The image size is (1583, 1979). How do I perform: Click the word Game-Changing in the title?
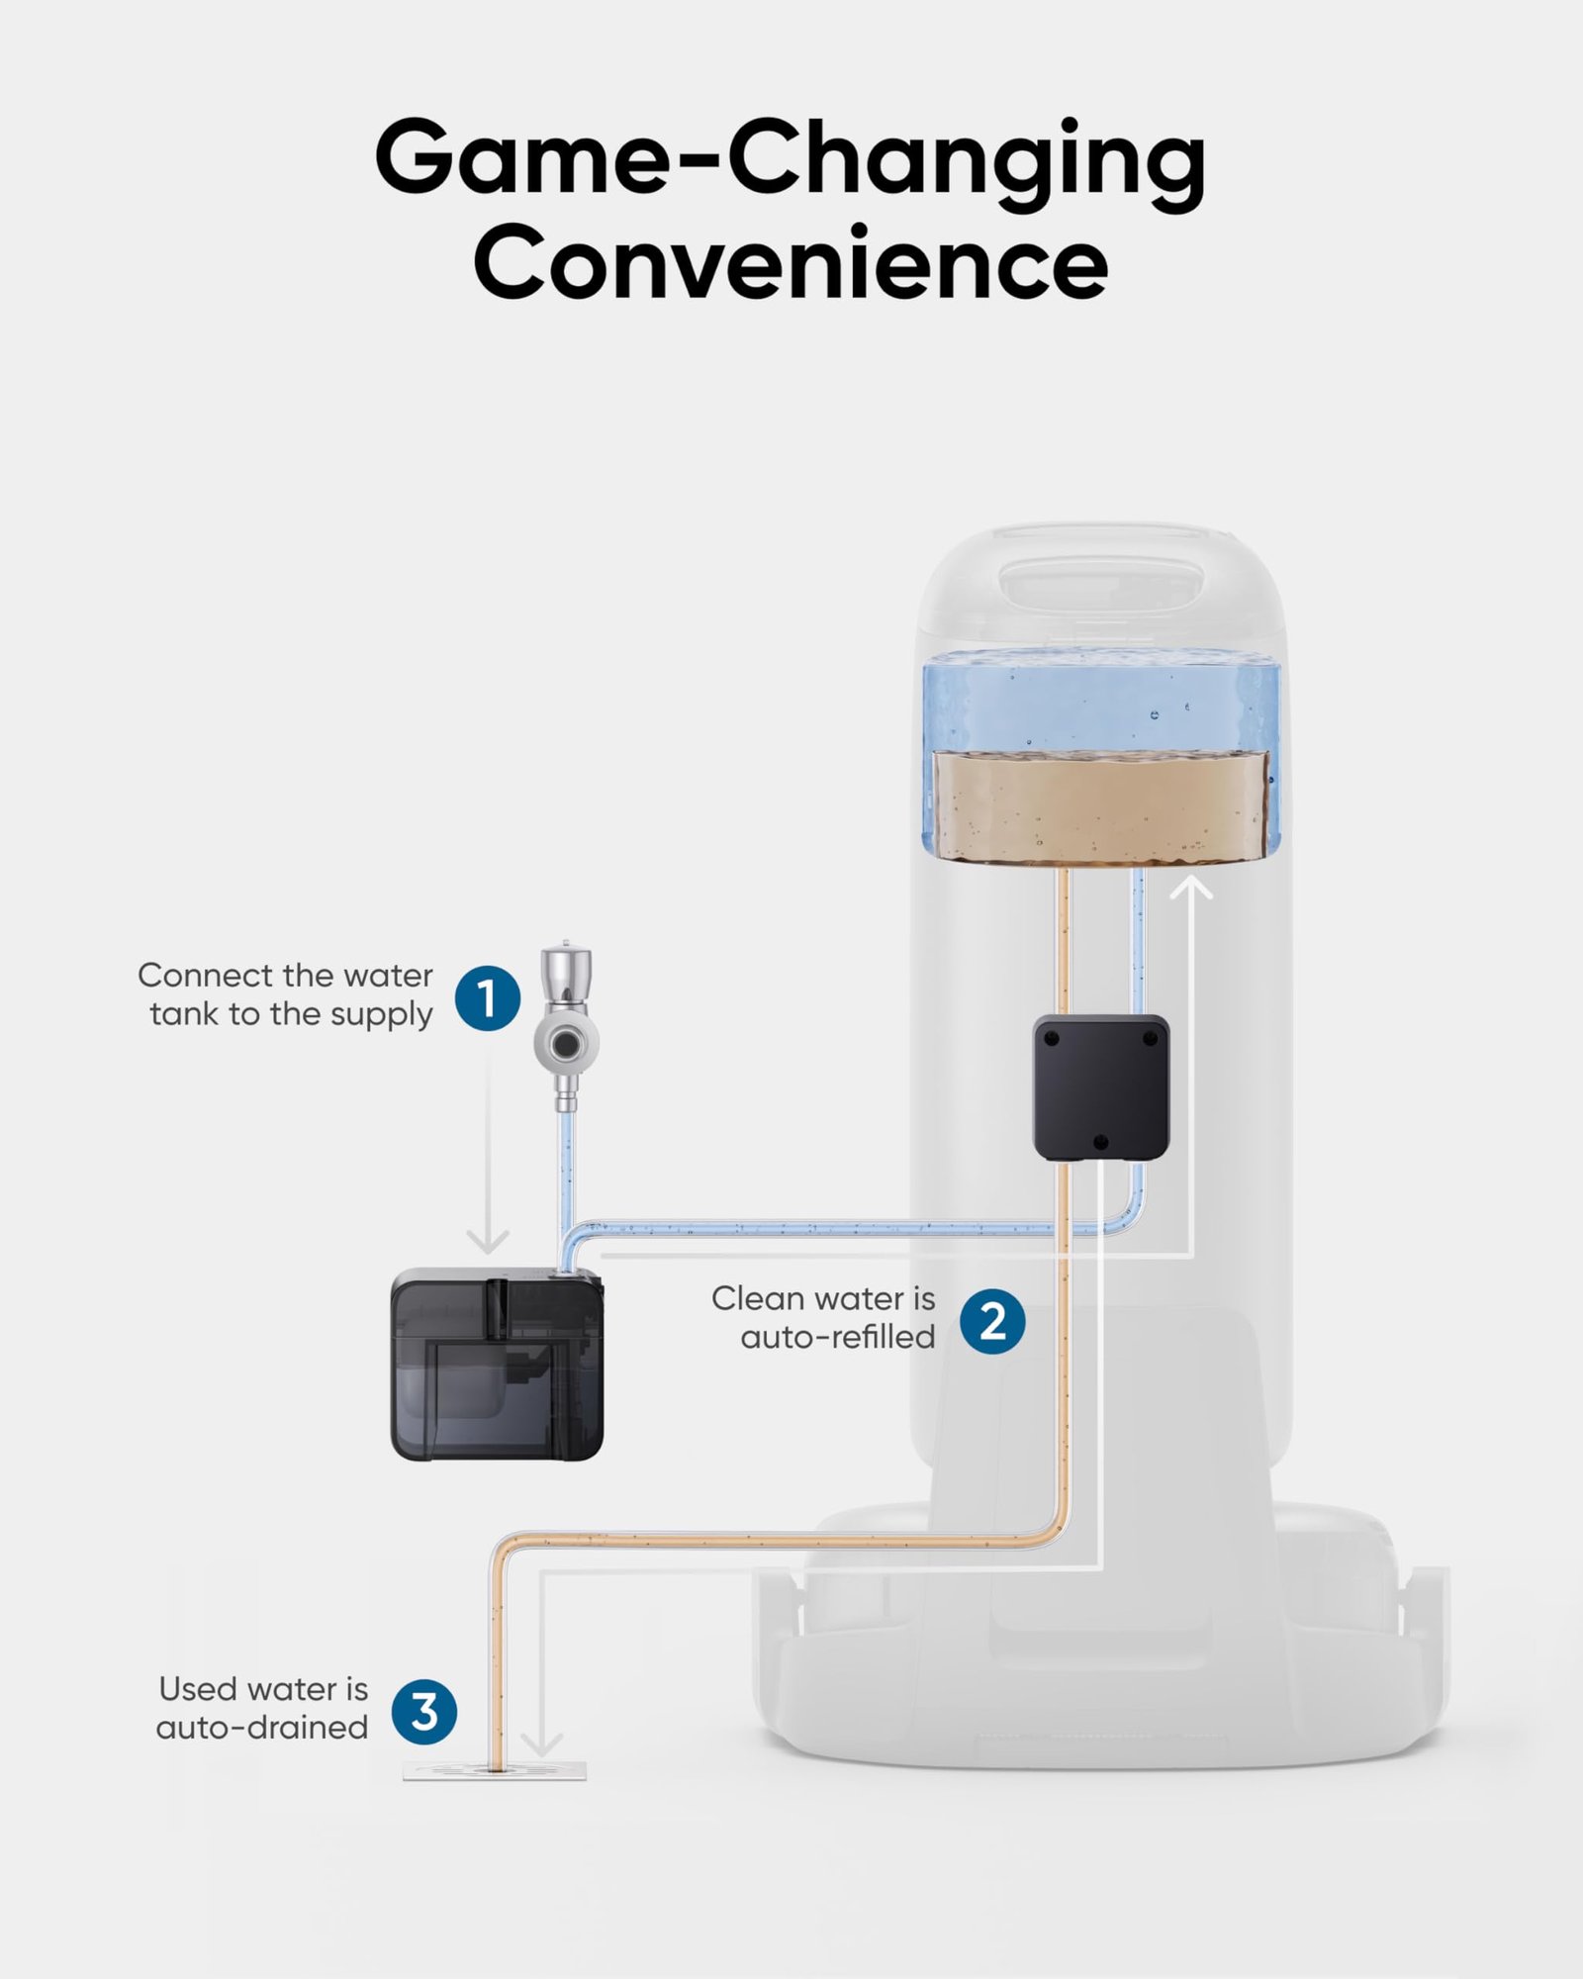(x=790, y=158)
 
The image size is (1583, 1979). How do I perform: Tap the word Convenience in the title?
(x=790, y=262)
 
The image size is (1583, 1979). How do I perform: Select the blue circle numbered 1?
(x=488, y=997)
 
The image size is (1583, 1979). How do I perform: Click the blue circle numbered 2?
(x=992, y=1321)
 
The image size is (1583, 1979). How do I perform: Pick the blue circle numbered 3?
(x=423, y=1711)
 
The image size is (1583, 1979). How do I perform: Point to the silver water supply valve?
(x=567, y=1029)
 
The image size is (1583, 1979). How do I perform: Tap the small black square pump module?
(x=1101, y=1086)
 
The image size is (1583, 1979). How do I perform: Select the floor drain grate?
(x=495, y=1770)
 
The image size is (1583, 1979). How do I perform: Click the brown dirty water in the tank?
(x=1100, y=805)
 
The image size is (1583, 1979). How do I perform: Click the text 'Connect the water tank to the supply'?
(x=287, y=994)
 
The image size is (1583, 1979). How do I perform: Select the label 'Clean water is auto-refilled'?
(x=824, y=1317)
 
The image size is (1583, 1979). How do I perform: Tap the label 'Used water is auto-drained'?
(x=263, y=1708)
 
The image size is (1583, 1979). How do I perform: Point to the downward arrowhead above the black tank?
(x=488, y=1240)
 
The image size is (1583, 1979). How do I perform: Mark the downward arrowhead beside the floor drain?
(x=541, y=1743)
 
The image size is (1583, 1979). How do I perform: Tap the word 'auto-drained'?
(x=262, y=1728)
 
